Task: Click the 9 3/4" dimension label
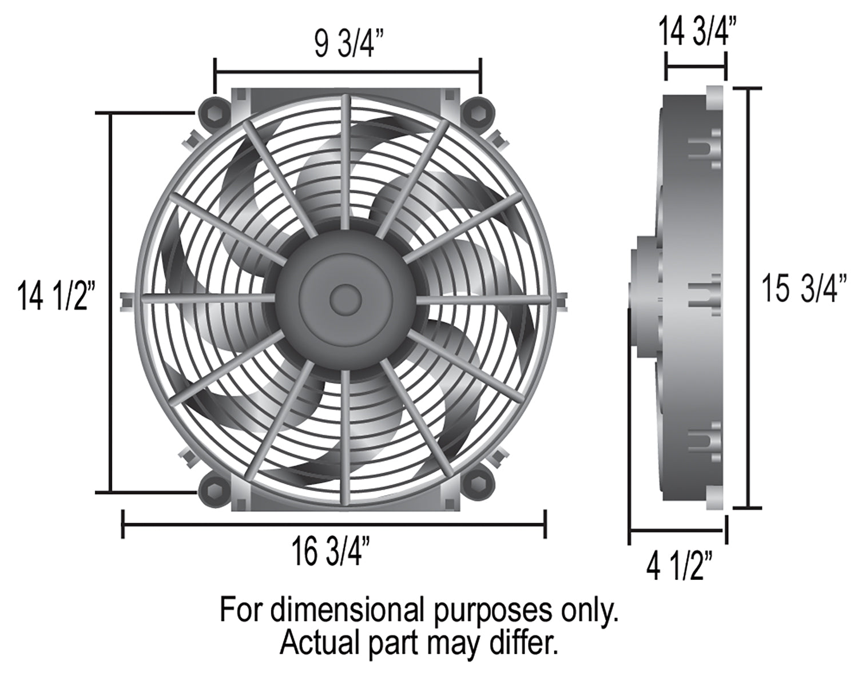(344, 44)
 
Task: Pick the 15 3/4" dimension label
(804, 289)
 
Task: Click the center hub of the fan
(346, 299)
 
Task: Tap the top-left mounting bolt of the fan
(213, 113)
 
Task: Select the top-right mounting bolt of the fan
(478, 113)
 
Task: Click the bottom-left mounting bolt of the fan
(213, 491)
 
